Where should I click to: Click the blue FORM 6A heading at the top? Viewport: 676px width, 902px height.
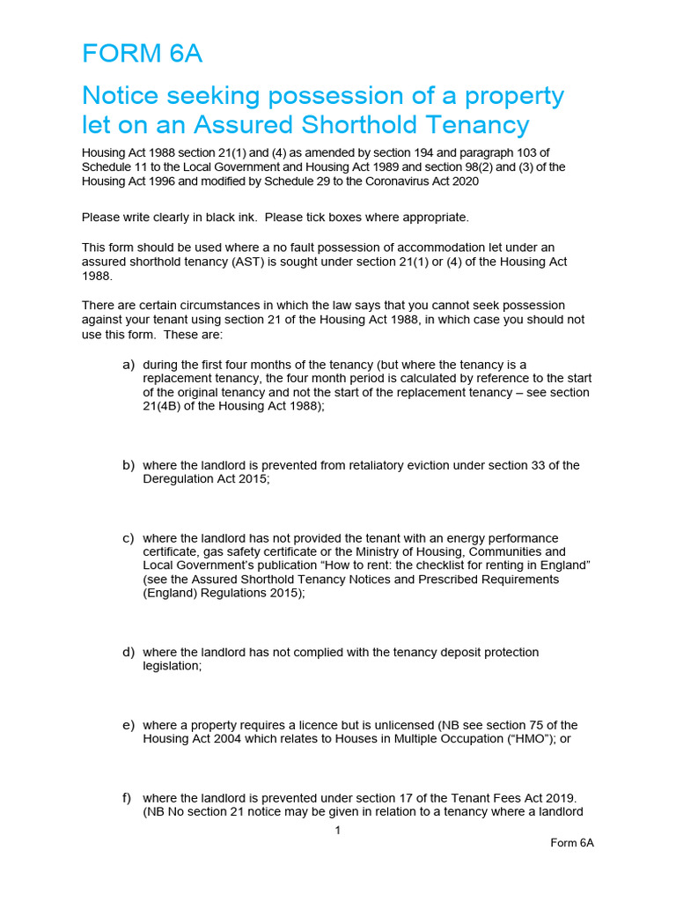(x=142, y=54)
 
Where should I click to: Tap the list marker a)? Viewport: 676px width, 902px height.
(x=129, y=364)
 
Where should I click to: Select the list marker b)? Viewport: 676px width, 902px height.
(x=129, y=465)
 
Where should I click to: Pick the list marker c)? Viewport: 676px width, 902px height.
(x=129, y=537)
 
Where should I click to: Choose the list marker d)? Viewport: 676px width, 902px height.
(x=129, y=652)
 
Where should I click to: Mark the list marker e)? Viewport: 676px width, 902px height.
(x=129, y=725)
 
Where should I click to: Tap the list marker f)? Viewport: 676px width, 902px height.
(x=128, y=797)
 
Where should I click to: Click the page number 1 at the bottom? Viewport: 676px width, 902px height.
(x=338, y=830)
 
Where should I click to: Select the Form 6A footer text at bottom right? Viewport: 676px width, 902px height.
(x=572, y=843)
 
